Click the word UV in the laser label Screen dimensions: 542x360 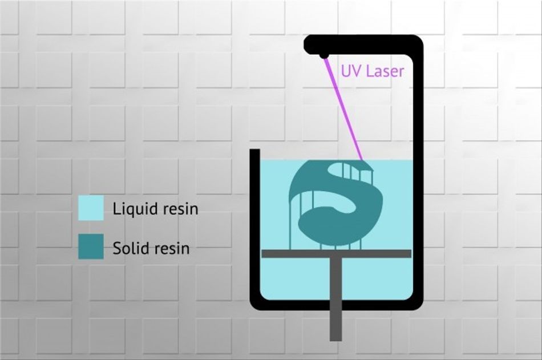pos(351,71)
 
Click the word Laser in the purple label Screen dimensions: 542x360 pos(385,71)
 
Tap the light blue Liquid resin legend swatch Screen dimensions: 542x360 pos(91,208)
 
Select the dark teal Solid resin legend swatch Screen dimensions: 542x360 pos(91,246)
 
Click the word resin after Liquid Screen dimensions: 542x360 pos(180,209)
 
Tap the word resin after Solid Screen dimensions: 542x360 pos(172,249)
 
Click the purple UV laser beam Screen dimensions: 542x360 pos(343,109)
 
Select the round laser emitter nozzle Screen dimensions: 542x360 pos(324,55)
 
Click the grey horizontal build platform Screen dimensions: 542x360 pos(337,253)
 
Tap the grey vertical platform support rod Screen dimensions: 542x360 pos(335,299)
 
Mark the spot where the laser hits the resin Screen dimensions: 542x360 pos(363,161)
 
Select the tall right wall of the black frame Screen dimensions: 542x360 pos(418,173)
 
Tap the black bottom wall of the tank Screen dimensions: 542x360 pos(337,305)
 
